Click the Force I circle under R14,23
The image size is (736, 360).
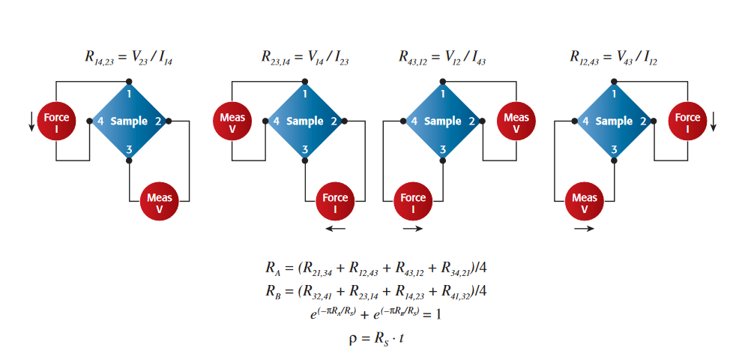(56, 121)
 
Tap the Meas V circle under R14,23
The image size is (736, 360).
(159, 202)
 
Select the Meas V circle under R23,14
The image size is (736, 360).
(233, 121)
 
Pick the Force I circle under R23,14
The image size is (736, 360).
(335, 202)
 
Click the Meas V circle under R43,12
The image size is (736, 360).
(516, 121)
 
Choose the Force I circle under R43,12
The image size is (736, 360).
(413, 202)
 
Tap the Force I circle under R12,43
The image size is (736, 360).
(687, 121)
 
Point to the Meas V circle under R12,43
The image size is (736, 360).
(585, 202)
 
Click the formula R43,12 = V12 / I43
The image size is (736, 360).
(442, 56)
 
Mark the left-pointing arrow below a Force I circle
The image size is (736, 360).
(335, 229)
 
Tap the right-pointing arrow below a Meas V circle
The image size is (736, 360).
(585, 229)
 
